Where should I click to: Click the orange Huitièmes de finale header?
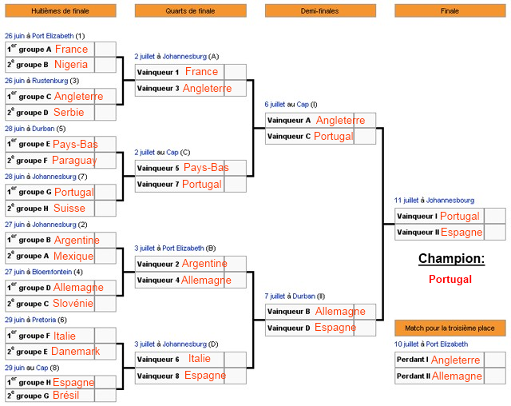[x=61, y=10]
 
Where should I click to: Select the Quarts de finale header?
[x=191, y=10]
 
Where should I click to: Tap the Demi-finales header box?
[x=320, y=10]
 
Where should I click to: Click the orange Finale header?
[x=450, y=10]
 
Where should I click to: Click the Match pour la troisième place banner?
[x=450, y=328]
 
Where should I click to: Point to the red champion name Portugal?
[x=450, y=279]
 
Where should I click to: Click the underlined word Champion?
[x=451, y=258]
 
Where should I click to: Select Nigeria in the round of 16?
[x=71, y=65]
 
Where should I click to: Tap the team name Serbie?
[x=69, y=112]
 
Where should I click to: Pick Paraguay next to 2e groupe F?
[x=74, y=161]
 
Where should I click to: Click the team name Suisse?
[x=69, y=208]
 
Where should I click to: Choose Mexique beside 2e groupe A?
[x=73, y=256]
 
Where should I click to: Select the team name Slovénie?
[x=73, y=303]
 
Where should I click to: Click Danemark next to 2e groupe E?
[x=76, y=351]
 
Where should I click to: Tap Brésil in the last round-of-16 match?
[x=65, y=396]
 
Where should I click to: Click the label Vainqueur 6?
[x=158, y=360]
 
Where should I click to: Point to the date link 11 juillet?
[x=406, y=201]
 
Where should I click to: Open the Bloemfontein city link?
[x=52, y=272]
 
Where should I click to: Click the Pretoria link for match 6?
[x=44, y=320]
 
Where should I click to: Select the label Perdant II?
[x=414, y=376]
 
